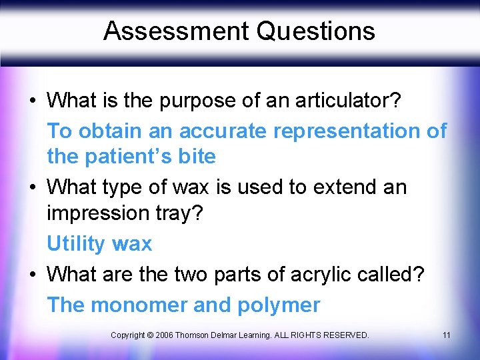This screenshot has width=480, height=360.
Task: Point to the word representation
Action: pos(347,131)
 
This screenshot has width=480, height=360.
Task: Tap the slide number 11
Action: pos(446,335)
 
